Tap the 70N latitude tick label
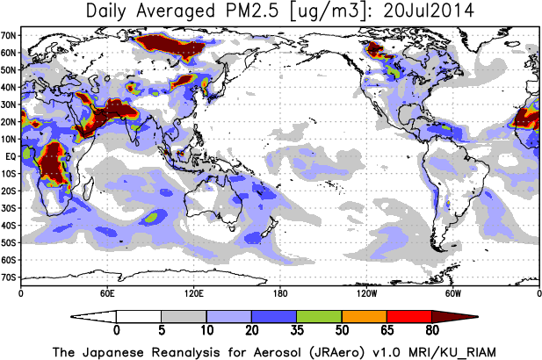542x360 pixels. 10,35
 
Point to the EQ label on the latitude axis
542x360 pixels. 11,156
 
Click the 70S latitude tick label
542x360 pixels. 10,277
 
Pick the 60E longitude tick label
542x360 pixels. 107,292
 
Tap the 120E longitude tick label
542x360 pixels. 193,292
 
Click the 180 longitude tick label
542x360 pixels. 280,292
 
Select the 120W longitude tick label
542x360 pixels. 366,292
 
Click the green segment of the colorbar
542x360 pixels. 319,316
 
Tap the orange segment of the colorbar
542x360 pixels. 364,316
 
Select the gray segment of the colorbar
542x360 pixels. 184,316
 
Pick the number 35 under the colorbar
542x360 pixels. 297,331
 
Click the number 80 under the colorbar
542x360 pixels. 431,331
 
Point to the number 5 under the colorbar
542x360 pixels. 162,331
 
